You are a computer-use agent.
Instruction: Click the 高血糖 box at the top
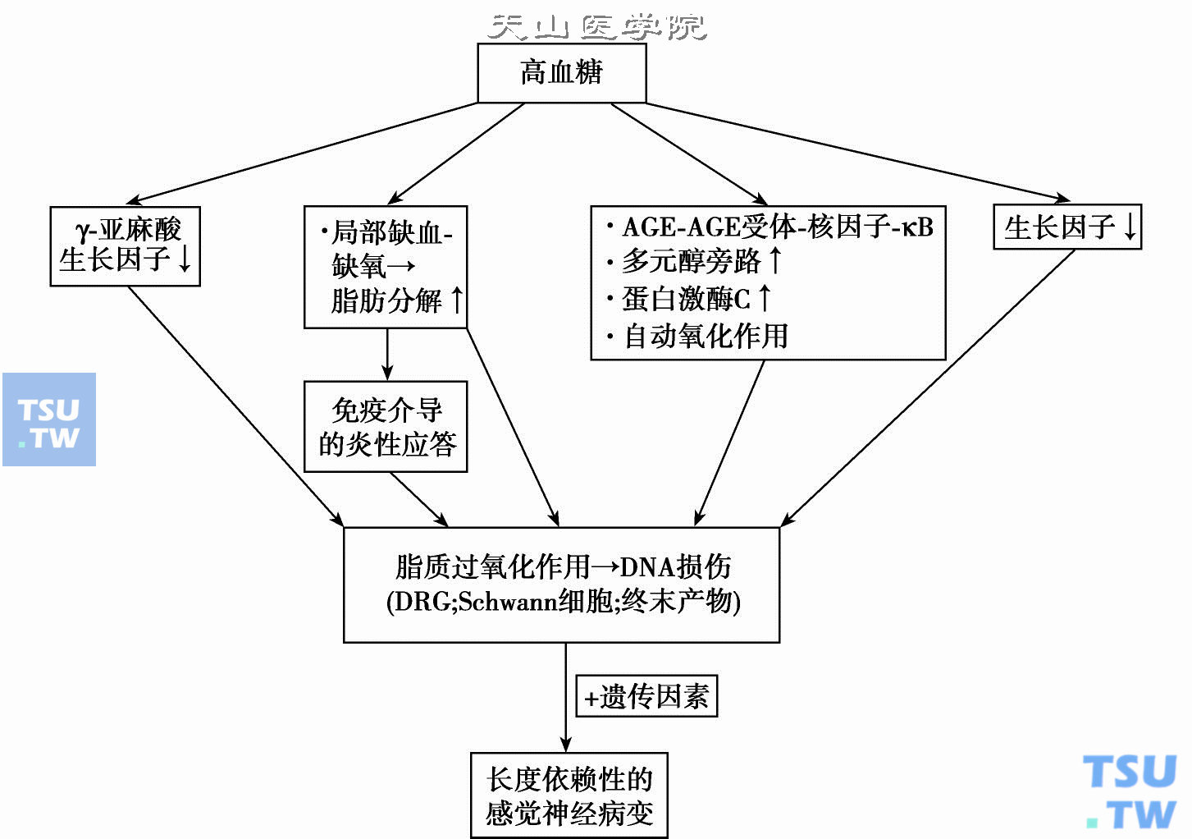[x=562, y=73]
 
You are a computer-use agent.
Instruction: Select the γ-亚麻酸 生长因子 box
[x=125, y=245]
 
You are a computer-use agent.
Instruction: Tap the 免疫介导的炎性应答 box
[x=386, y=427]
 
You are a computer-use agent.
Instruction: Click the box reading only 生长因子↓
[x=1066, y=227]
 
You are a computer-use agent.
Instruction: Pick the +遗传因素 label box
[x=646, y=696]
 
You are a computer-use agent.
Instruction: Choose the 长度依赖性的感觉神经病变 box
[x=569, y=795]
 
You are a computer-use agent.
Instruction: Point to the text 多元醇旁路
[x=692, y=262]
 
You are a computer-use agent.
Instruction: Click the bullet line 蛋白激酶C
[x=686, y=299]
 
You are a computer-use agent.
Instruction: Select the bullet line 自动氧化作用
[x=706, y=336]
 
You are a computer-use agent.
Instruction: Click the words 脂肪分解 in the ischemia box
[x=386, y=300]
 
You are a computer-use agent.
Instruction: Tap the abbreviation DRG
[x=422, y=602]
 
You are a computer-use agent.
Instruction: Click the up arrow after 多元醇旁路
[x=775, y=261]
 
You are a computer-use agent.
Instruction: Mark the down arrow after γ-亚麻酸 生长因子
[x=185, y=259]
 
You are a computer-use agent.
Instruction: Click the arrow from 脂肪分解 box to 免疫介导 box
[x=387, y=355]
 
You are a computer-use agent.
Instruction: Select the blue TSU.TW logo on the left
[x=49, y=419]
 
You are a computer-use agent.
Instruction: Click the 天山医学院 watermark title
[x=596, y=26]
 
